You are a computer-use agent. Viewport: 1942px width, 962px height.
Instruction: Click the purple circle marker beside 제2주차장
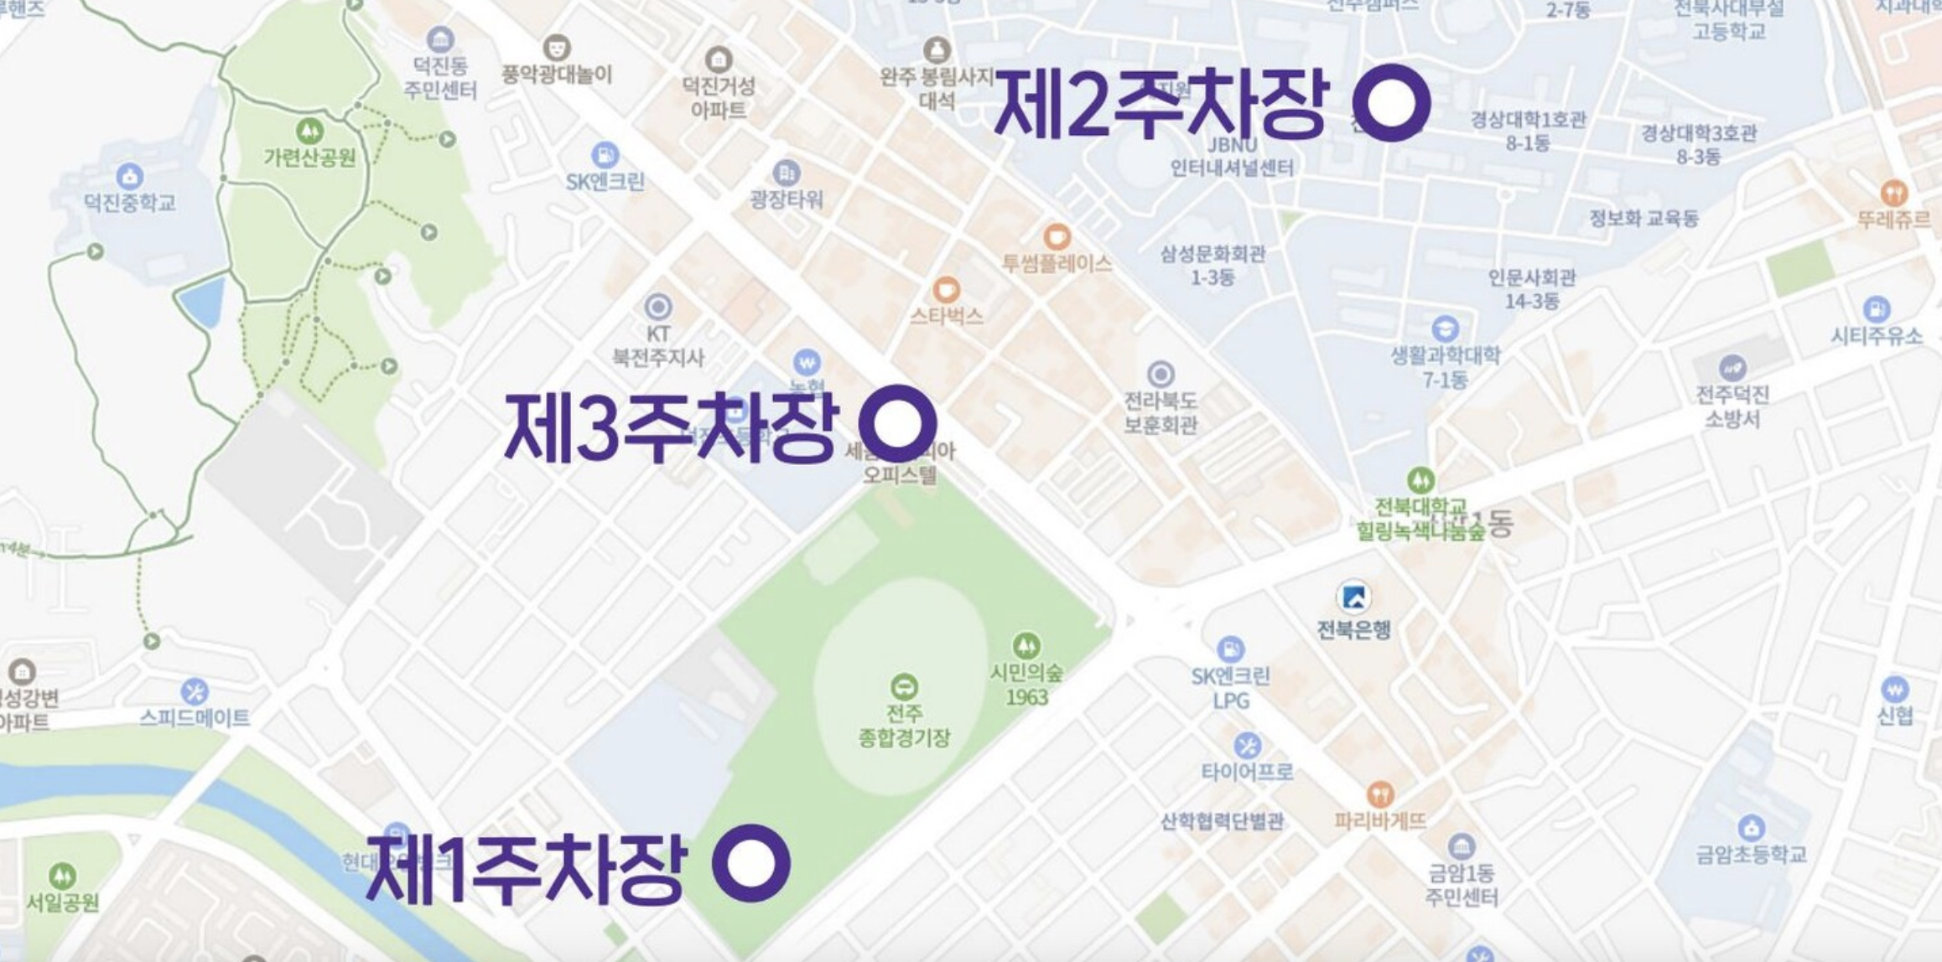click(x=1391, y=102)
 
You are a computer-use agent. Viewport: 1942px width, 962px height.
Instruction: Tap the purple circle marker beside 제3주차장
click(x=897, y=423)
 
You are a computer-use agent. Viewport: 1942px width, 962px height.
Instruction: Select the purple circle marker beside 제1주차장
click(x=750, y=863)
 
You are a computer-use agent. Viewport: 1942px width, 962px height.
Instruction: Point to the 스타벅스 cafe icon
click(x=947, y=290)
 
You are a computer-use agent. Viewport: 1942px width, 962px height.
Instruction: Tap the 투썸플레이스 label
click(x=1057, y=264)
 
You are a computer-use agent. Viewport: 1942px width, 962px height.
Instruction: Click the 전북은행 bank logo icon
click(x=1353, y=597)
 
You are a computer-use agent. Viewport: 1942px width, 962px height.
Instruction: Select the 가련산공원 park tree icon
click(x=309, y=131)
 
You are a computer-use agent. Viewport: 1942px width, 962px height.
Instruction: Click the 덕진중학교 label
click(x=130, y=203)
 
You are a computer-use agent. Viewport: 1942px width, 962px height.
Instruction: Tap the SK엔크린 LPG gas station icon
click(x=1230, y=649)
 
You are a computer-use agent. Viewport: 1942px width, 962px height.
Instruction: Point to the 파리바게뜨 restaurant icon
click(x=1380, y=793)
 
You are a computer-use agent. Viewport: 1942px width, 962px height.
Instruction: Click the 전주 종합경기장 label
click(x=904, y=726)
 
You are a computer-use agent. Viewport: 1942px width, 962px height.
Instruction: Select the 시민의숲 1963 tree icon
click(x=1026, y=645)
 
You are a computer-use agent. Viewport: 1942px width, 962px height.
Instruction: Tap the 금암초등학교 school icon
click(x=1750, y=828)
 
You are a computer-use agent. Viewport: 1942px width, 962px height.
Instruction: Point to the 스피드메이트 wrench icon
click(x=195, y=692)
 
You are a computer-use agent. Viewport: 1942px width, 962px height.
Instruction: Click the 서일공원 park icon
click(x=62, y=876)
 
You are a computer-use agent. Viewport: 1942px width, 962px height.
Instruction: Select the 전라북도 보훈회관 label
click(x=1161, y=412)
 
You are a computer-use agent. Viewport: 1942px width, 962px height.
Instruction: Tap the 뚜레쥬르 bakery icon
click(x=1894, y=193)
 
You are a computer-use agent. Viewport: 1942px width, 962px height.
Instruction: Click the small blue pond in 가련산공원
click(x=202, y=302)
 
